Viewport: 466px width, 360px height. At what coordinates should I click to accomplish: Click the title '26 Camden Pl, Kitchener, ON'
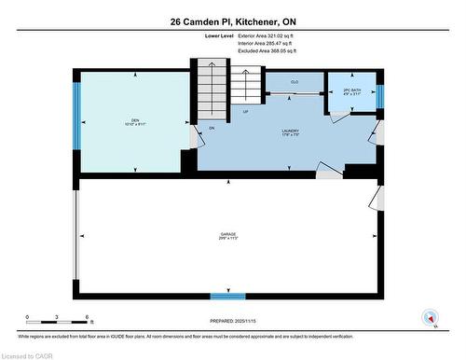pos(232,21)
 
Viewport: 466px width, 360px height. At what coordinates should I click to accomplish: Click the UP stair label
pos(245,111)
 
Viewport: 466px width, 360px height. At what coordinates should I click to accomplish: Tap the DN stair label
pos(212,128)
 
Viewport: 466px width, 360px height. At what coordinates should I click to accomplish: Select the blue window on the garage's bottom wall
pos(227,297)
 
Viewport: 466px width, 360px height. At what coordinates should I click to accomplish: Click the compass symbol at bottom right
pos(431,317)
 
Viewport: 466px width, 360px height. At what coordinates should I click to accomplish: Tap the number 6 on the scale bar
pos(87,318)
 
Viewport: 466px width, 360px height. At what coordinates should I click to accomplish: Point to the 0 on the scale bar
pos(28,318)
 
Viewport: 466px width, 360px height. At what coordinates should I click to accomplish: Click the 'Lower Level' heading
pos(220,36)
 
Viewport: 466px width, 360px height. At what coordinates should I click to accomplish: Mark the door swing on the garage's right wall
pos(377,198)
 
